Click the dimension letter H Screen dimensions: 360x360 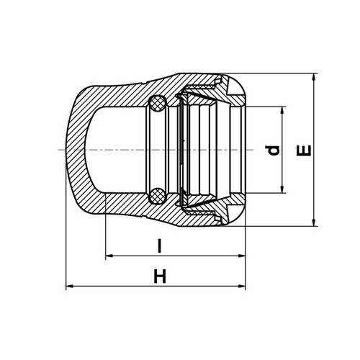(x=160, y=276)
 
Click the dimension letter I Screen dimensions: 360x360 (x=159, y=246)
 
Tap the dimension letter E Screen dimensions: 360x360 (x=304, y=150)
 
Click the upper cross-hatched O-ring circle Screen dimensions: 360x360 (x=157, y=104)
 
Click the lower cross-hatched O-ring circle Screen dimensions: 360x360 (x=158, y=195)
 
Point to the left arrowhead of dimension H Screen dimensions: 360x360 (x=70, y=286)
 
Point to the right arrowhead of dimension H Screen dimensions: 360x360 (x=242, y=286)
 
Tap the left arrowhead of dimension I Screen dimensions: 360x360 (x=109, y=256)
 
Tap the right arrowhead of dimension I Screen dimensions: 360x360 (x=242, y=256)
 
